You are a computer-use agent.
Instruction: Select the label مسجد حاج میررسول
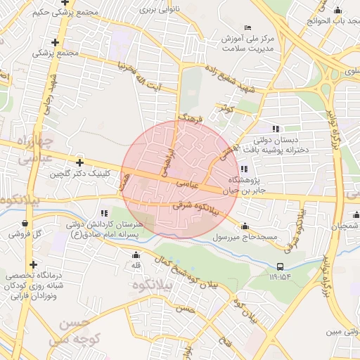(250, 237)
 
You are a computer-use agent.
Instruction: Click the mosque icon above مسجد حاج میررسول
(245, 226)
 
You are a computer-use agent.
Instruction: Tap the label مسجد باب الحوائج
(331, 21)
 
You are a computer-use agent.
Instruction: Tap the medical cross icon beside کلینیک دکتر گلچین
(79, 162)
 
